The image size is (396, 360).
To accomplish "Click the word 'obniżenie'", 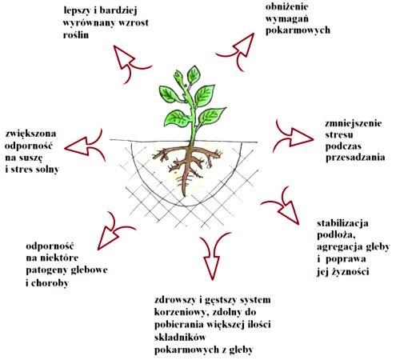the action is coord(286,6).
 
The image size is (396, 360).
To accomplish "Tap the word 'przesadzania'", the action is coord(355,158).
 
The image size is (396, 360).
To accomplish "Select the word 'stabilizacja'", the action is coord(342,223).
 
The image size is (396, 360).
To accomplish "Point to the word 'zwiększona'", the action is coord(30,134).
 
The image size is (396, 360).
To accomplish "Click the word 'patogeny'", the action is coord(46,270).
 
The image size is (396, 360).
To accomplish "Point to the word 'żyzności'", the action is coord(350,271).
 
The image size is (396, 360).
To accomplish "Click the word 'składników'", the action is coord(180,337).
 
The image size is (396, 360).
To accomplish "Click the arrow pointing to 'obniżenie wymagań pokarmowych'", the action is coord(238,50).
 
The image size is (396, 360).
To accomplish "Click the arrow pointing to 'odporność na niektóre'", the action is coord(114,230).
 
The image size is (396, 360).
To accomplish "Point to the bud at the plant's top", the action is coord(179,77).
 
